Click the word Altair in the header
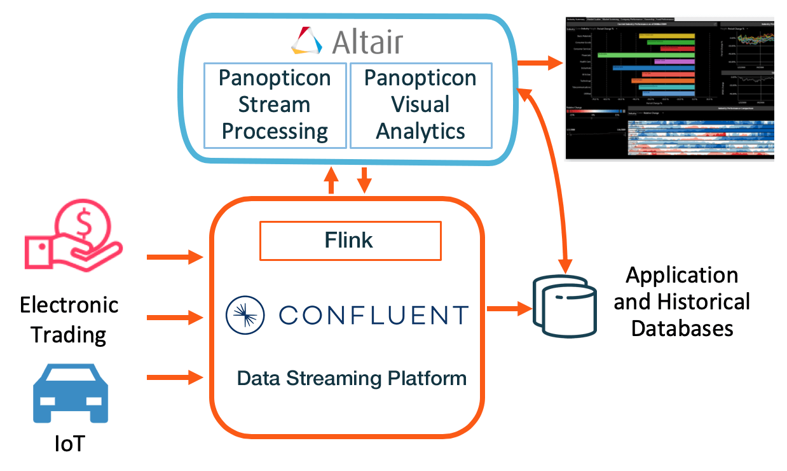(367, 41)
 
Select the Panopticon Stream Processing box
(275, 105)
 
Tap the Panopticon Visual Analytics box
(421, 105)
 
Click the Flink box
(350, 241)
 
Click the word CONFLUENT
(373, 315)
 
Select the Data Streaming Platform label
(352, 378)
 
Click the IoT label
(69, 443)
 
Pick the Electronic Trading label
(69, 319)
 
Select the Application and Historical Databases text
(681, 302)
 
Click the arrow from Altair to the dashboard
(540, 63)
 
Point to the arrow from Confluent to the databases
(509, 309)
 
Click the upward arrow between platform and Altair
(331, 181)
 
